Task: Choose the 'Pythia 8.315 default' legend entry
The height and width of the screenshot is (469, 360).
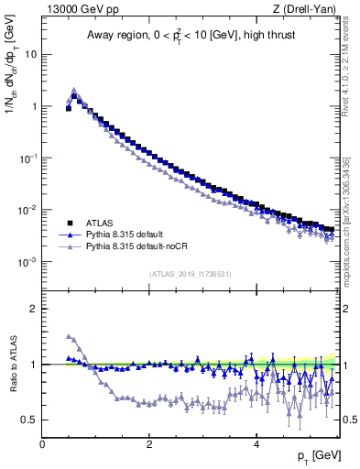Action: (x=123, y=235)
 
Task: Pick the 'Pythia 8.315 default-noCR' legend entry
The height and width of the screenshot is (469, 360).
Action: (x=133, y=247)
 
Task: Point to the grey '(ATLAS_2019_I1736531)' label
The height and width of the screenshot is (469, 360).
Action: (x=190, y=274)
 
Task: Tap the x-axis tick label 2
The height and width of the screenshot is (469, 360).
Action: (x=149, y=443)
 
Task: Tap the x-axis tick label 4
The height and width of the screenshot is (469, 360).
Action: (x=256, y=443)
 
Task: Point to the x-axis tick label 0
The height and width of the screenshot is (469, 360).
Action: (x=42, y=443)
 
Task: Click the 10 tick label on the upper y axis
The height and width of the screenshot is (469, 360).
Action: (x=31, y=54)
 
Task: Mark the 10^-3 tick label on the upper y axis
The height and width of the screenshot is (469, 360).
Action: (x=27, y=262)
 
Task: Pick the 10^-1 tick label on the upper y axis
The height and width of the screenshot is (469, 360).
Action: (x=27, y=158)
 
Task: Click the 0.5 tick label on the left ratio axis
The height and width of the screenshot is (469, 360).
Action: (x=30, y=420)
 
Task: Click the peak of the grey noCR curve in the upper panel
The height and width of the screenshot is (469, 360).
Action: (x=74, y=90)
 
